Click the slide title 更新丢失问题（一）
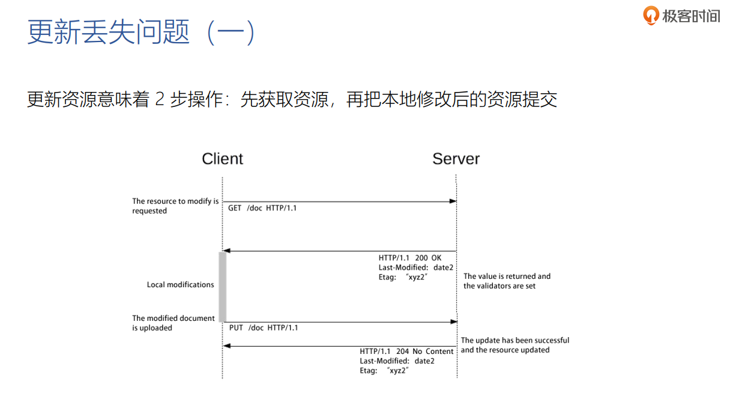tap(142, 32)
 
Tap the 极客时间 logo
tap(681, 16)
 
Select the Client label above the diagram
tap(222, 159)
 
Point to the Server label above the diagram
tap(456, 159)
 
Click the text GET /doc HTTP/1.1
tap(262, 208)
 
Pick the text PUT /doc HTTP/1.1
tap(264, 327)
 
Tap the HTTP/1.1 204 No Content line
tap(406, 352)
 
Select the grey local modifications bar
tap(222, 286)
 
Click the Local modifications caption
tap(180, 285)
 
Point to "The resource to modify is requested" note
tap(175, 206)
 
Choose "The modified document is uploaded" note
tap(173, 323)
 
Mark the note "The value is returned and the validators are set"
tap(507, 281)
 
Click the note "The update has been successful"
tap(514, 345)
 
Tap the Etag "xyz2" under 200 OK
tap(403, 277)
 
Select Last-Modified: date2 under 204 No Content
tap(397, 361)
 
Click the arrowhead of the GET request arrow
tap(454, 201)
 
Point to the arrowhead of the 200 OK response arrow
tap(226, 251)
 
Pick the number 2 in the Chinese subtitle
tap(159, 99)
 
